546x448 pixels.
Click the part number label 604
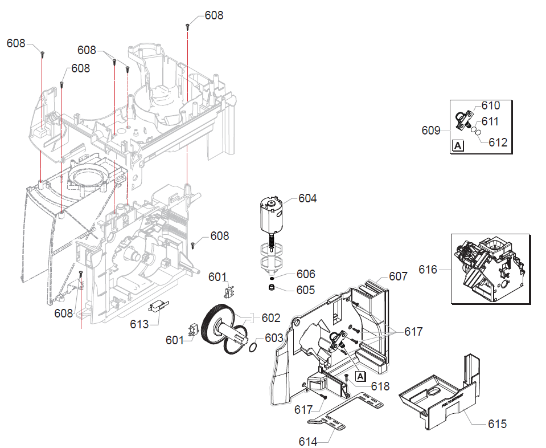pyautogui.click(x=307, y=198)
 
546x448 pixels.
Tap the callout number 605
pyautogui.click(x=305, y=290)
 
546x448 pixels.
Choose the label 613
pyautogui.click(x=139, y=324)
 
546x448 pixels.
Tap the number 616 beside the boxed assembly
pyautogui.click(x=428, y=269)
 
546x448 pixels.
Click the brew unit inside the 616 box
pyautogui.click(x=490, y=268)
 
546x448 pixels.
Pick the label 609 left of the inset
pyautogui.click(x=431, y=131)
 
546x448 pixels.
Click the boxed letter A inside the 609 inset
pyautogui.click(x=458, y=145)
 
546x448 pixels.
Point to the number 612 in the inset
pyautogui.click(x=498, y=142)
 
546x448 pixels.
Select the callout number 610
pyautogui.click(x=490, y=105)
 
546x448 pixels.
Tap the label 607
pyautogui.click(x=398, y=276)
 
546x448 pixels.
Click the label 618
pyautogui.click(x=380, y=386)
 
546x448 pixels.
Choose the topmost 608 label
pyautogui.click(x=214, y=15)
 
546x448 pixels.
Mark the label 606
pyautogui.click(x=305, y=274)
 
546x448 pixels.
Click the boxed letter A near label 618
pyautogui.click(x=360, y=376)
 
